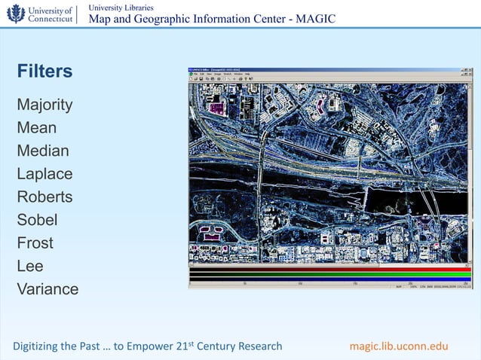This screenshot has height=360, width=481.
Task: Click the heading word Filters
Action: point(44,72)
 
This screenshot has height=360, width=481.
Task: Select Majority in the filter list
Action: point(44,105)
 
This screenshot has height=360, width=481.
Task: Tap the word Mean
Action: point(36,128)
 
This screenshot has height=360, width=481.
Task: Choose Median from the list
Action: point(43,151)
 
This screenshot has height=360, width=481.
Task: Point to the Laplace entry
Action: point(44,174)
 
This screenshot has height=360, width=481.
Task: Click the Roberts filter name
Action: point(44,197)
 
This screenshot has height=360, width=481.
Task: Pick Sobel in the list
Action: point(37,221)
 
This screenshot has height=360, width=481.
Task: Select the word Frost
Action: point(35,243)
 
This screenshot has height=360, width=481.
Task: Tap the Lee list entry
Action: point(30,266)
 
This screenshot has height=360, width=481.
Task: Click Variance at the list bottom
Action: point(47,289)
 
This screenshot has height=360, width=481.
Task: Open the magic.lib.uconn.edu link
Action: point(399,346)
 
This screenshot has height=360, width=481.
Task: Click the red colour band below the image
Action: point(329,269)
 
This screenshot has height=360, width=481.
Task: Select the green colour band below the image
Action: point(329,274)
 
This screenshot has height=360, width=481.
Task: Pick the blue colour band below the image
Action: point(329,279)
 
